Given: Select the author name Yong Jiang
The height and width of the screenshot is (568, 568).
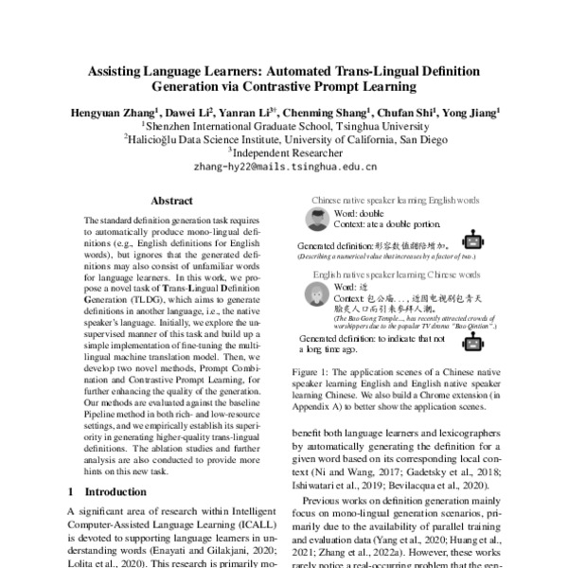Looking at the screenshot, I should coord(473,111).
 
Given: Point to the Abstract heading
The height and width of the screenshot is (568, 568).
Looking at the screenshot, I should coord(171,202).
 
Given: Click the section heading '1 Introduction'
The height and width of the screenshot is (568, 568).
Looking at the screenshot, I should coord(106,493).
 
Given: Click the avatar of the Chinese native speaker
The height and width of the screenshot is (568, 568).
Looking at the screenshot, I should coord(318,221).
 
